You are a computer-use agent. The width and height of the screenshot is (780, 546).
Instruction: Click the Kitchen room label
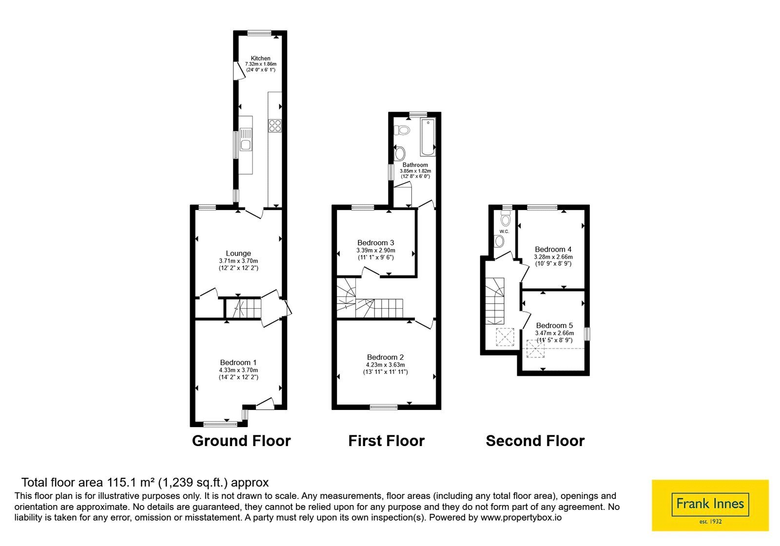tap(260, 58)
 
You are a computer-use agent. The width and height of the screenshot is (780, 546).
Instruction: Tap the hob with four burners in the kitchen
tap(275, 126)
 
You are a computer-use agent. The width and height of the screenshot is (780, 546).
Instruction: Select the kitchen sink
tap(246, 139)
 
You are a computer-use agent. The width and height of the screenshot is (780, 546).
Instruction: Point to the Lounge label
tap(238, 253)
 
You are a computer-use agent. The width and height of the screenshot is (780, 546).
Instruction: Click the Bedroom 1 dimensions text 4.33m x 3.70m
tap(238, 370)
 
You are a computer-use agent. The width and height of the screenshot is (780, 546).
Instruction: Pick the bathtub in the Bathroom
tap(428, 137)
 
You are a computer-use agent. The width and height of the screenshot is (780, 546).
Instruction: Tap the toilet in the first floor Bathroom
tap(402, 130)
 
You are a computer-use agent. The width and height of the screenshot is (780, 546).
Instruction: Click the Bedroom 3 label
tap(376, 243)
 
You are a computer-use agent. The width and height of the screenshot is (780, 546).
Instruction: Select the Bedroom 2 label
tap(385, 357)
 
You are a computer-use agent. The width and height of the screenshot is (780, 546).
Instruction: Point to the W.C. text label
tap(504, 232)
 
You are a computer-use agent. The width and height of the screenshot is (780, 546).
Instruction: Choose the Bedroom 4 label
tap(553, 249)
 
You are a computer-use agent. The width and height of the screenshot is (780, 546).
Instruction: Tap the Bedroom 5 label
tap(554, 326)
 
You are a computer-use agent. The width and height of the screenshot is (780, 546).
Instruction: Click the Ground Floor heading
tap(241, 441)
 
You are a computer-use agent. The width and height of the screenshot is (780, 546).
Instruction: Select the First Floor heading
tap(387, 441)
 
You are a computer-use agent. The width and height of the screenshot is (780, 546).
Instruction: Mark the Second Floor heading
tap(535, 441)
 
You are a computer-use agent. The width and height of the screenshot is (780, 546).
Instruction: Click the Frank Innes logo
tap(710, 505)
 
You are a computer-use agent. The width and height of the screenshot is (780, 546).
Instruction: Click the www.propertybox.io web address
tap(521, 517)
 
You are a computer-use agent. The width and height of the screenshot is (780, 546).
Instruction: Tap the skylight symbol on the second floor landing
tap(505, 337)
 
